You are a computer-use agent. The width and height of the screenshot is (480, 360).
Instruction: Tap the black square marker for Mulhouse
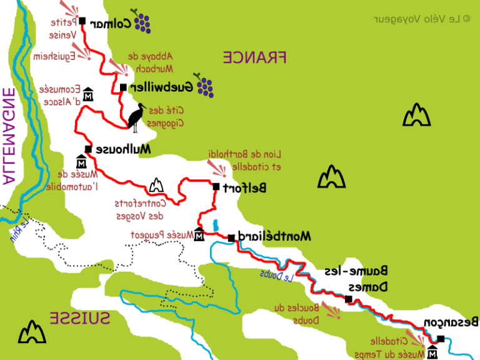pos(88,149)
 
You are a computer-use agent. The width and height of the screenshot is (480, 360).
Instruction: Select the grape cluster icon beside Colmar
pos(141,21)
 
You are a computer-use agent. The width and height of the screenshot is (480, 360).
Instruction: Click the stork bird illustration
pos(137,117)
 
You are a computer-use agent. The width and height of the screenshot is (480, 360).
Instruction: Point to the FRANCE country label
pos(254,57)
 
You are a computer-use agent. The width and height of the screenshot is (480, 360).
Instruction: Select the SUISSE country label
pos(79,317)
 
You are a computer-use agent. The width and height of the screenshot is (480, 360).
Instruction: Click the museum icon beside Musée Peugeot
pos(199,236)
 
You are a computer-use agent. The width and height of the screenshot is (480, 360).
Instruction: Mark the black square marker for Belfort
pos(216,187)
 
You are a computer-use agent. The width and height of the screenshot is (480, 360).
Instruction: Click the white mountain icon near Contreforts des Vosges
pos(156,186)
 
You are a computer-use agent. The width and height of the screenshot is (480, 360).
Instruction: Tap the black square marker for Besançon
pos(441,339)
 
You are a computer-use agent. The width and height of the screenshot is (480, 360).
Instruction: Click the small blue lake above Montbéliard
pos(216,225)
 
